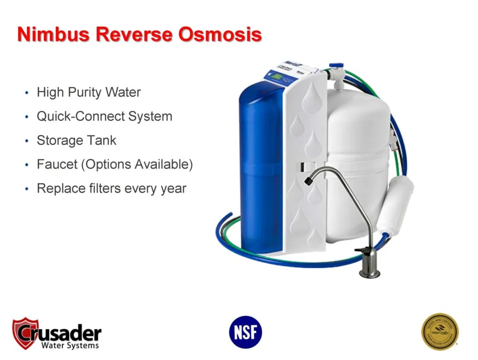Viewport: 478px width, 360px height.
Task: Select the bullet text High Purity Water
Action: coord(89,92)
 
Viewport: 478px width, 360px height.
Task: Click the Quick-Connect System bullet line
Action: coord(105,116)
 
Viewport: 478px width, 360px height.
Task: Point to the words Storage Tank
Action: coord(77,141)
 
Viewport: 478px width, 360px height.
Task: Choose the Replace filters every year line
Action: coord(112,189)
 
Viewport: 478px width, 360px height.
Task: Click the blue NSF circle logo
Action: coord(246,332)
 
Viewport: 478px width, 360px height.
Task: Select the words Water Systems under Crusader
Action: coord(70,346)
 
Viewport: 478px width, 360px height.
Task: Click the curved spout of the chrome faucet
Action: coord(327,174)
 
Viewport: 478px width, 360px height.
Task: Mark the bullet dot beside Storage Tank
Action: coord(27,141)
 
